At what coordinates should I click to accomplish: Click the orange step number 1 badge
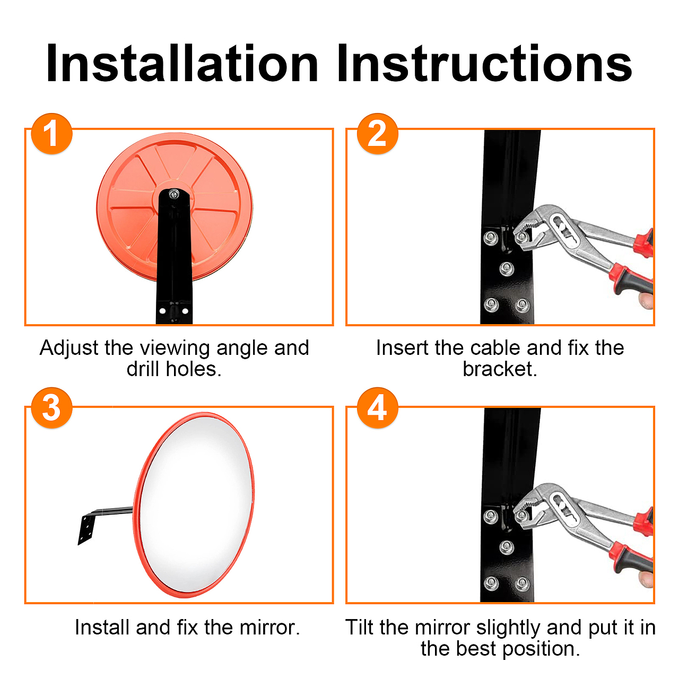(x=52, y=134)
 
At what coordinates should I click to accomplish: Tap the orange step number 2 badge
(x=377, y=134)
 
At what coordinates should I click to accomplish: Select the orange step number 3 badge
(x=52, y=408)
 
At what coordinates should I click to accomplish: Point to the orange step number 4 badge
(x=377, y=408)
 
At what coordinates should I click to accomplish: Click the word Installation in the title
(x=182, y=64)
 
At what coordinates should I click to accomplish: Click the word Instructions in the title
(x=484, y=64)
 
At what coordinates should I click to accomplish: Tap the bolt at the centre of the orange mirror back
(x=173, y=194)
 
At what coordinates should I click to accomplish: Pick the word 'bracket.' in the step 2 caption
(x=500, y=369)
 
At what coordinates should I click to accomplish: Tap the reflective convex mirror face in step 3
(x=196, y=504)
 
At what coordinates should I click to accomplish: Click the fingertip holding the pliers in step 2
(x=646, y=301)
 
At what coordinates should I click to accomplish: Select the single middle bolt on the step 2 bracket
(x=507, y=269)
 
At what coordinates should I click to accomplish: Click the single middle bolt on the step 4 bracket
(x=507, y=547)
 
